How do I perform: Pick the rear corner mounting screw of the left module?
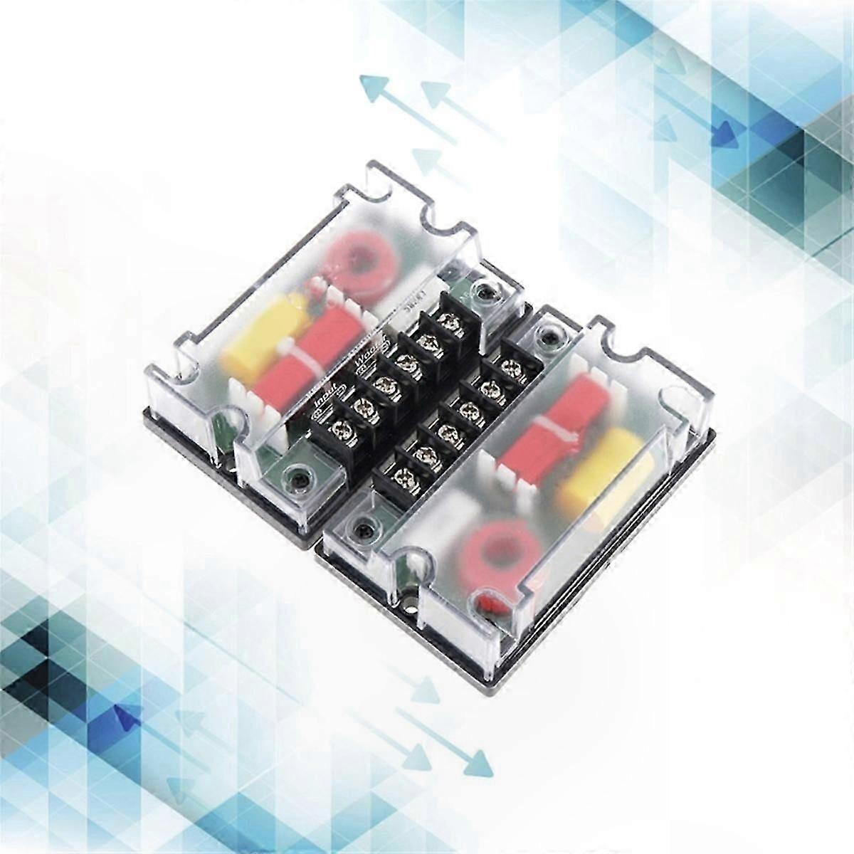[486, 290]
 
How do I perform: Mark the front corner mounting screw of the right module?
[364, 529]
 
